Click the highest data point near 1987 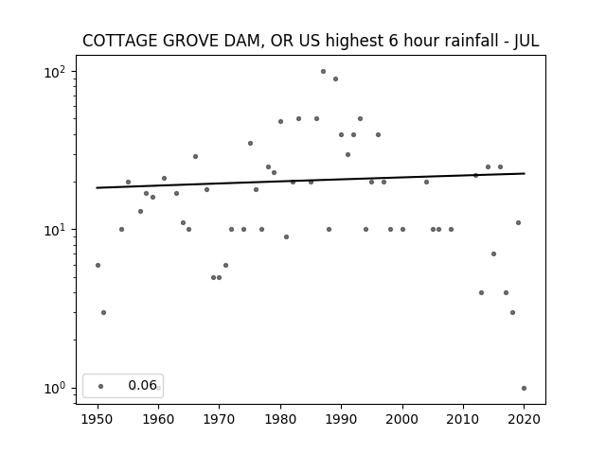click(323, 72)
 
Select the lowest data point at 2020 click(524, 389)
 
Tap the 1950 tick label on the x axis click(98, 419)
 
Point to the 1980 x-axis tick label click(280, 419)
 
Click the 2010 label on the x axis click(463, 419)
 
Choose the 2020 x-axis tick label click(524, 419)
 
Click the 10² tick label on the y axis click(55, 72)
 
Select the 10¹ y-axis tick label click(55, 230)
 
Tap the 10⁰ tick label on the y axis click(55, 389)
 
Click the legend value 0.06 click(143, 385)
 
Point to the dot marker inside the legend click(101, 386)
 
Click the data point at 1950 click(98, 265)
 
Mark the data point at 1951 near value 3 click(103, 313)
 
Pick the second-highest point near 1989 click(335, 79)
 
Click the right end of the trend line click(525, 173)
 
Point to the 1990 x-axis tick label click(341, 419)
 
